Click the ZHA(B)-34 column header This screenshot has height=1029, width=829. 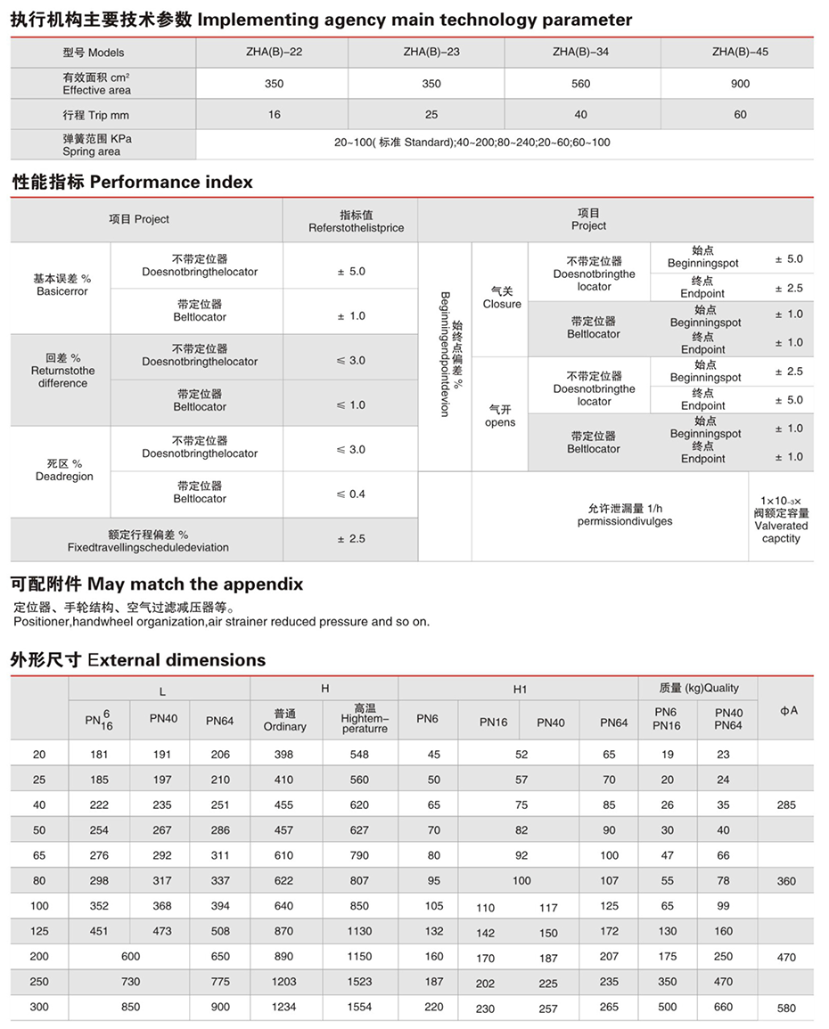click(x=581, y=52)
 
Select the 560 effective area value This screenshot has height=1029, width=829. click(x=581, y=84)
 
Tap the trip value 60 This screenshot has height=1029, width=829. click(x=740, y=115)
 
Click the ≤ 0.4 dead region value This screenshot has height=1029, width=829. click(x=351, y=494)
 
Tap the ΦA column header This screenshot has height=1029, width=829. click(x=788, y=710)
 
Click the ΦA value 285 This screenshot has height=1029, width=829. click(x=786, y=804)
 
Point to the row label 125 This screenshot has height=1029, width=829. click(x=39, y=931)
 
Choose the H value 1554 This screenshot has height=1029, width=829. click(x=359, y=1007)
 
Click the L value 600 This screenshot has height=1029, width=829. click(x=130, y=956)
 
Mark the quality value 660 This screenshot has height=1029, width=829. click(x=723, y=1007)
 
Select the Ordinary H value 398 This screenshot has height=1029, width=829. click(x=284, y=755)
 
